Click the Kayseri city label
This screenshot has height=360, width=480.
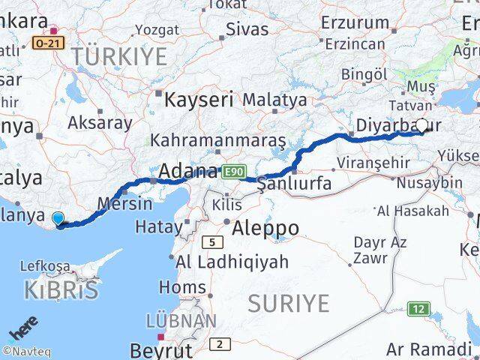click(198, 99)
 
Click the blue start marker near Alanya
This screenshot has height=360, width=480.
click(58, 219)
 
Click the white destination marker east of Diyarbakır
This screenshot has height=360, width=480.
click(421, 126)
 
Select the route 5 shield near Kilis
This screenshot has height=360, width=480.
click(213, 241)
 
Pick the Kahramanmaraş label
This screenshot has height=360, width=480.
click(218, 140)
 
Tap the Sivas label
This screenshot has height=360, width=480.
click(248, 31)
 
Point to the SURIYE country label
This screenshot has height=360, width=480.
click(289, 303)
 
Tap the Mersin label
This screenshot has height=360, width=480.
click(120, 202)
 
